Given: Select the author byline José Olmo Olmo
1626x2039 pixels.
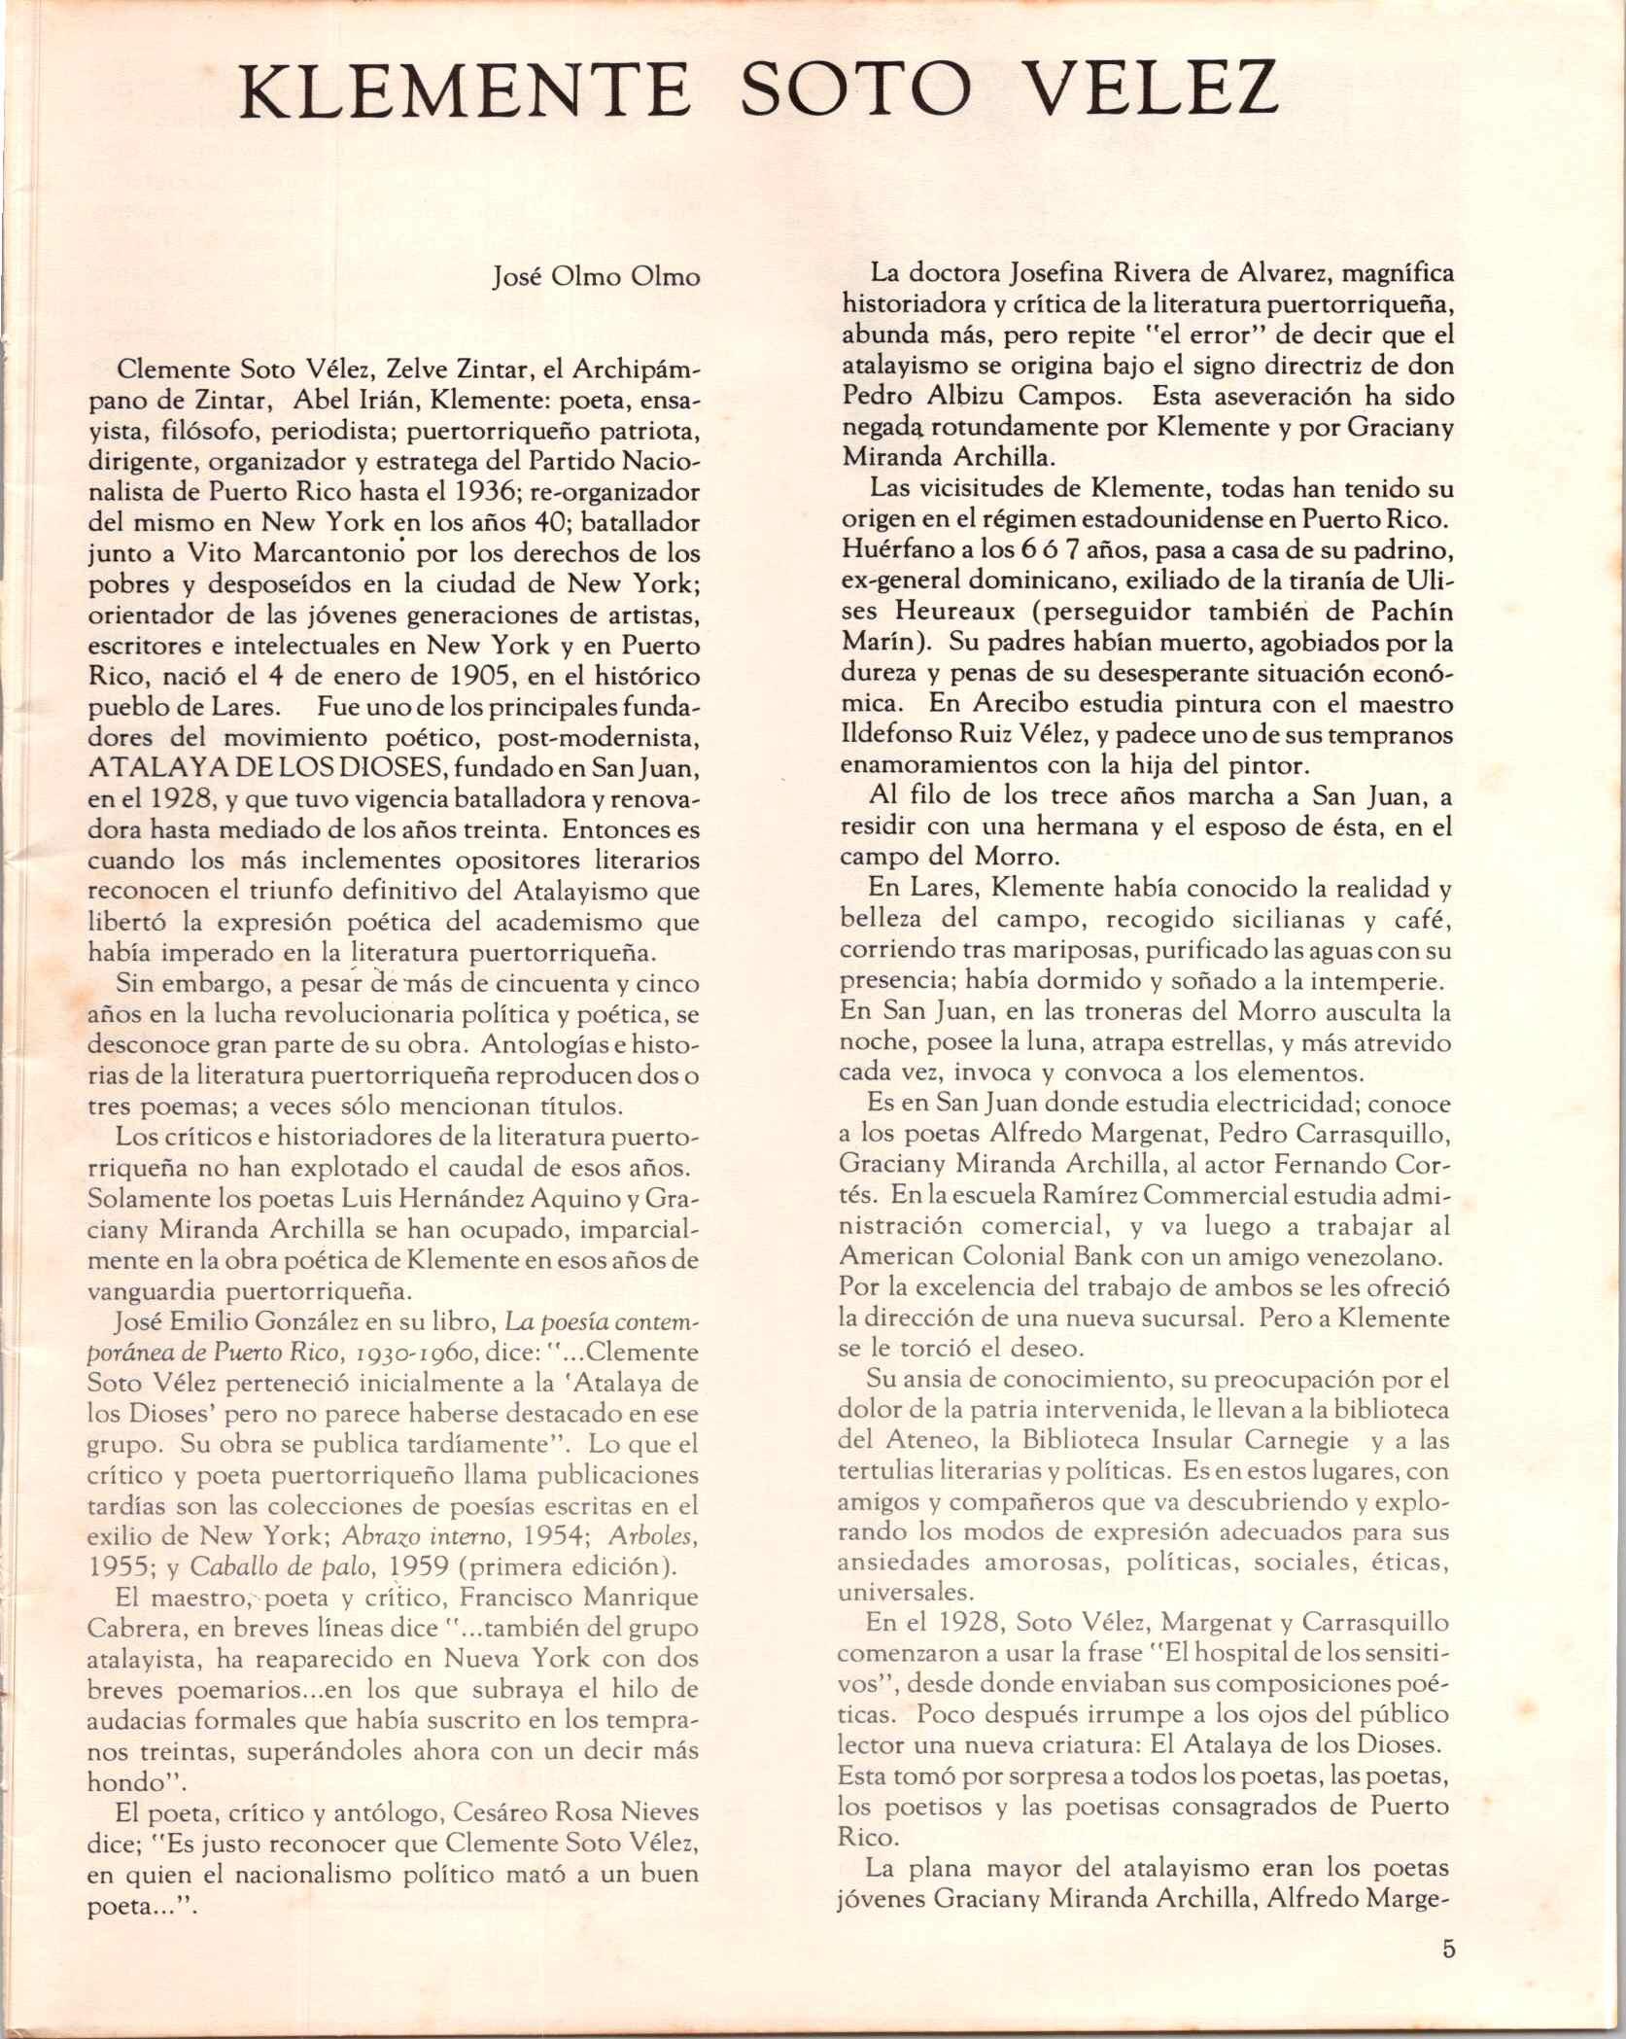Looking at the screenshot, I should [x=597, y=277].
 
